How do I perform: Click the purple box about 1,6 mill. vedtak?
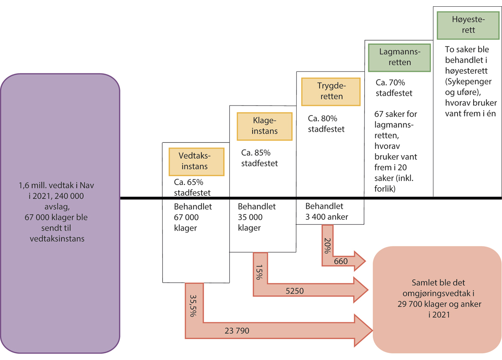[60, 213]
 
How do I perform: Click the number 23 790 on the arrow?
[237, 331]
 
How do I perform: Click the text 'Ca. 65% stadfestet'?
[192, 188]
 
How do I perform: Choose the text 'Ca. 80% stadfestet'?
[326, 123]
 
